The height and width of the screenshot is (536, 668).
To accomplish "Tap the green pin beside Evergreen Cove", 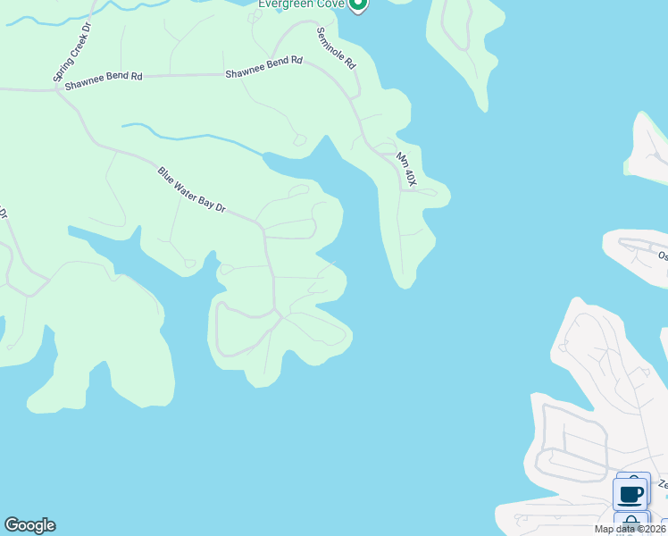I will click(x=357, y=4).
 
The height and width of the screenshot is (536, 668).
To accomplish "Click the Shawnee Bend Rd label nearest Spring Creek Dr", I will click(x=104, y=78).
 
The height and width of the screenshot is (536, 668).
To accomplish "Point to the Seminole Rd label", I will click(x=337, y=48).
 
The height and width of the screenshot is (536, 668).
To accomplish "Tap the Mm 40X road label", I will click(x=406, y=169).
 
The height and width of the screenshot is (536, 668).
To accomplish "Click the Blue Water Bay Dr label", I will click(x=192, y=189).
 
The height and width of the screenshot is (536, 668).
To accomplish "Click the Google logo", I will click(x=29, y=525).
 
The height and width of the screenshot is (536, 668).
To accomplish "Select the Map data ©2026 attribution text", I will click(x=629, y=529).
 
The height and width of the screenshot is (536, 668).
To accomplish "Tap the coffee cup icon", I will click(x=630, y=493).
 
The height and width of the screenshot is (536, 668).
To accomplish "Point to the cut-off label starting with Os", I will click(x=663, y=255).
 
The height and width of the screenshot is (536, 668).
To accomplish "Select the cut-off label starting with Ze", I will click(x=663, y=484).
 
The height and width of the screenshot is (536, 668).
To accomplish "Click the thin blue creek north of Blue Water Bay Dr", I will click(x=196, y=138).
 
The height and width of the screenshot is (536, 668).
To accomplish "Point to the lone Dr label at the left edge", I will click(x=3, y=214).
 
